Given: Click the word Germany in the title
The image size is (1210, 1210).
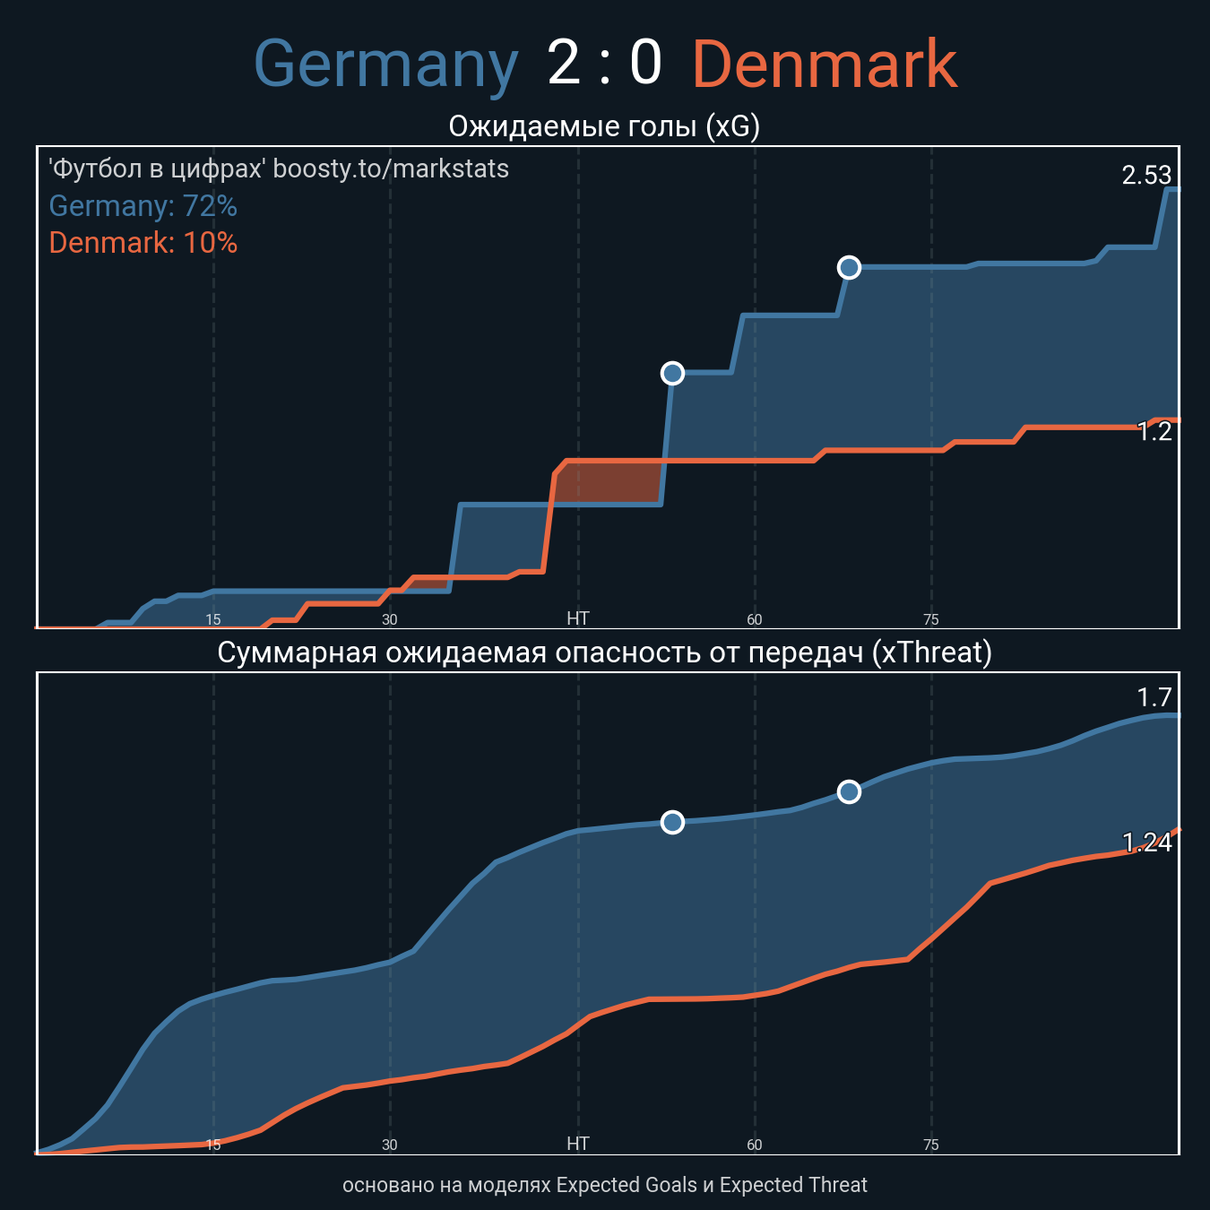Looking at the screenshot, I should pos(385,65).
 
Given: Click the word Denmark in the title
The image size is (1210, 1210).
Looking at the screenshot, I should pos(825,65).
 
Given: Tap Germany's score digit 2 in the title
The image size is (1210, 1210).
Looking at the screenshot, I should pos(564,65).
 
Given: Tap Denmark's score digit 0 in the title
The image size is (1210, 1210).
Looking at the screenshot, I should pos(645,65).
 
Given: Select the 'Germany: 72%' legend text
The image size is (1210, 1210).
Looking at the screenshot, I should pos(143,206).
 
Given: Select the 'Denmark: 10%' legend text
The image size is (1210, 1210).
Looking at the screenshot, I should pos(143,243).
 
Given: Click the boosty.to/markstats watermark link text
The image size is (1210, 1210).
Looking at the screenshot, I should pos(391,169).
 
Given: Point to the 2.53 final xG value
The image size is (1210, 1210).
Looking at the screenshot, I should pos(1146,175).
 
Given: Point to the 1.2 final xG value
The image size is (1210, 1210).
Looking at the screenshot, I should pos(1154,432).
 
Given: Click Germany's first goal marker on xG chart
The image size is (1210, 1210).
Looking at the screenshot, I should pos(672,373).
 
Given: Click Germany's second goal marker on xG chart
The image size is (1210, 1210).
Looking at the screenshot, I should pos(849,267).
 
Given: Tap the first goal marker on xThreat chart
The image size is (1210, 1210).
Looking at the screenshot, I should pos(672,822).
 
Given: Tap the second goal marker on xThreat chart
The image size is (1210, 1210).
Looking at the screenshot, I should pos(849,791).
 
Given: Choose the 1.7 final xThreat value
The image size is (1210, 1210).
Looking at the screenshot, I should pos(1154,697).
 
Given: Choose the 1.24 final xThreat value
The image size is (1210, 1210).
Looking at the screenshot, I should pos(1146,843).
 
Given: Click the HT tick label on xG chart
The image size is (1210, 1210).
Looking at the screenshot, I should pos(578,618).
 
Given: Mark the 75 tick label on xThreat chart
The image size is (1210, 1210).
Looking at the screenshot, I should pos(931,1145).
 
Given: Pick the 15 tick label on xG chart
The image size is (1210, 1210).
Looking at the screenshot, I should pos(213,619).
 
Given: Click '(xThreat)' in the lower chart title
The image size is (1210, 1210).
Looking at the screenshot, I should pos(931,653).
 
